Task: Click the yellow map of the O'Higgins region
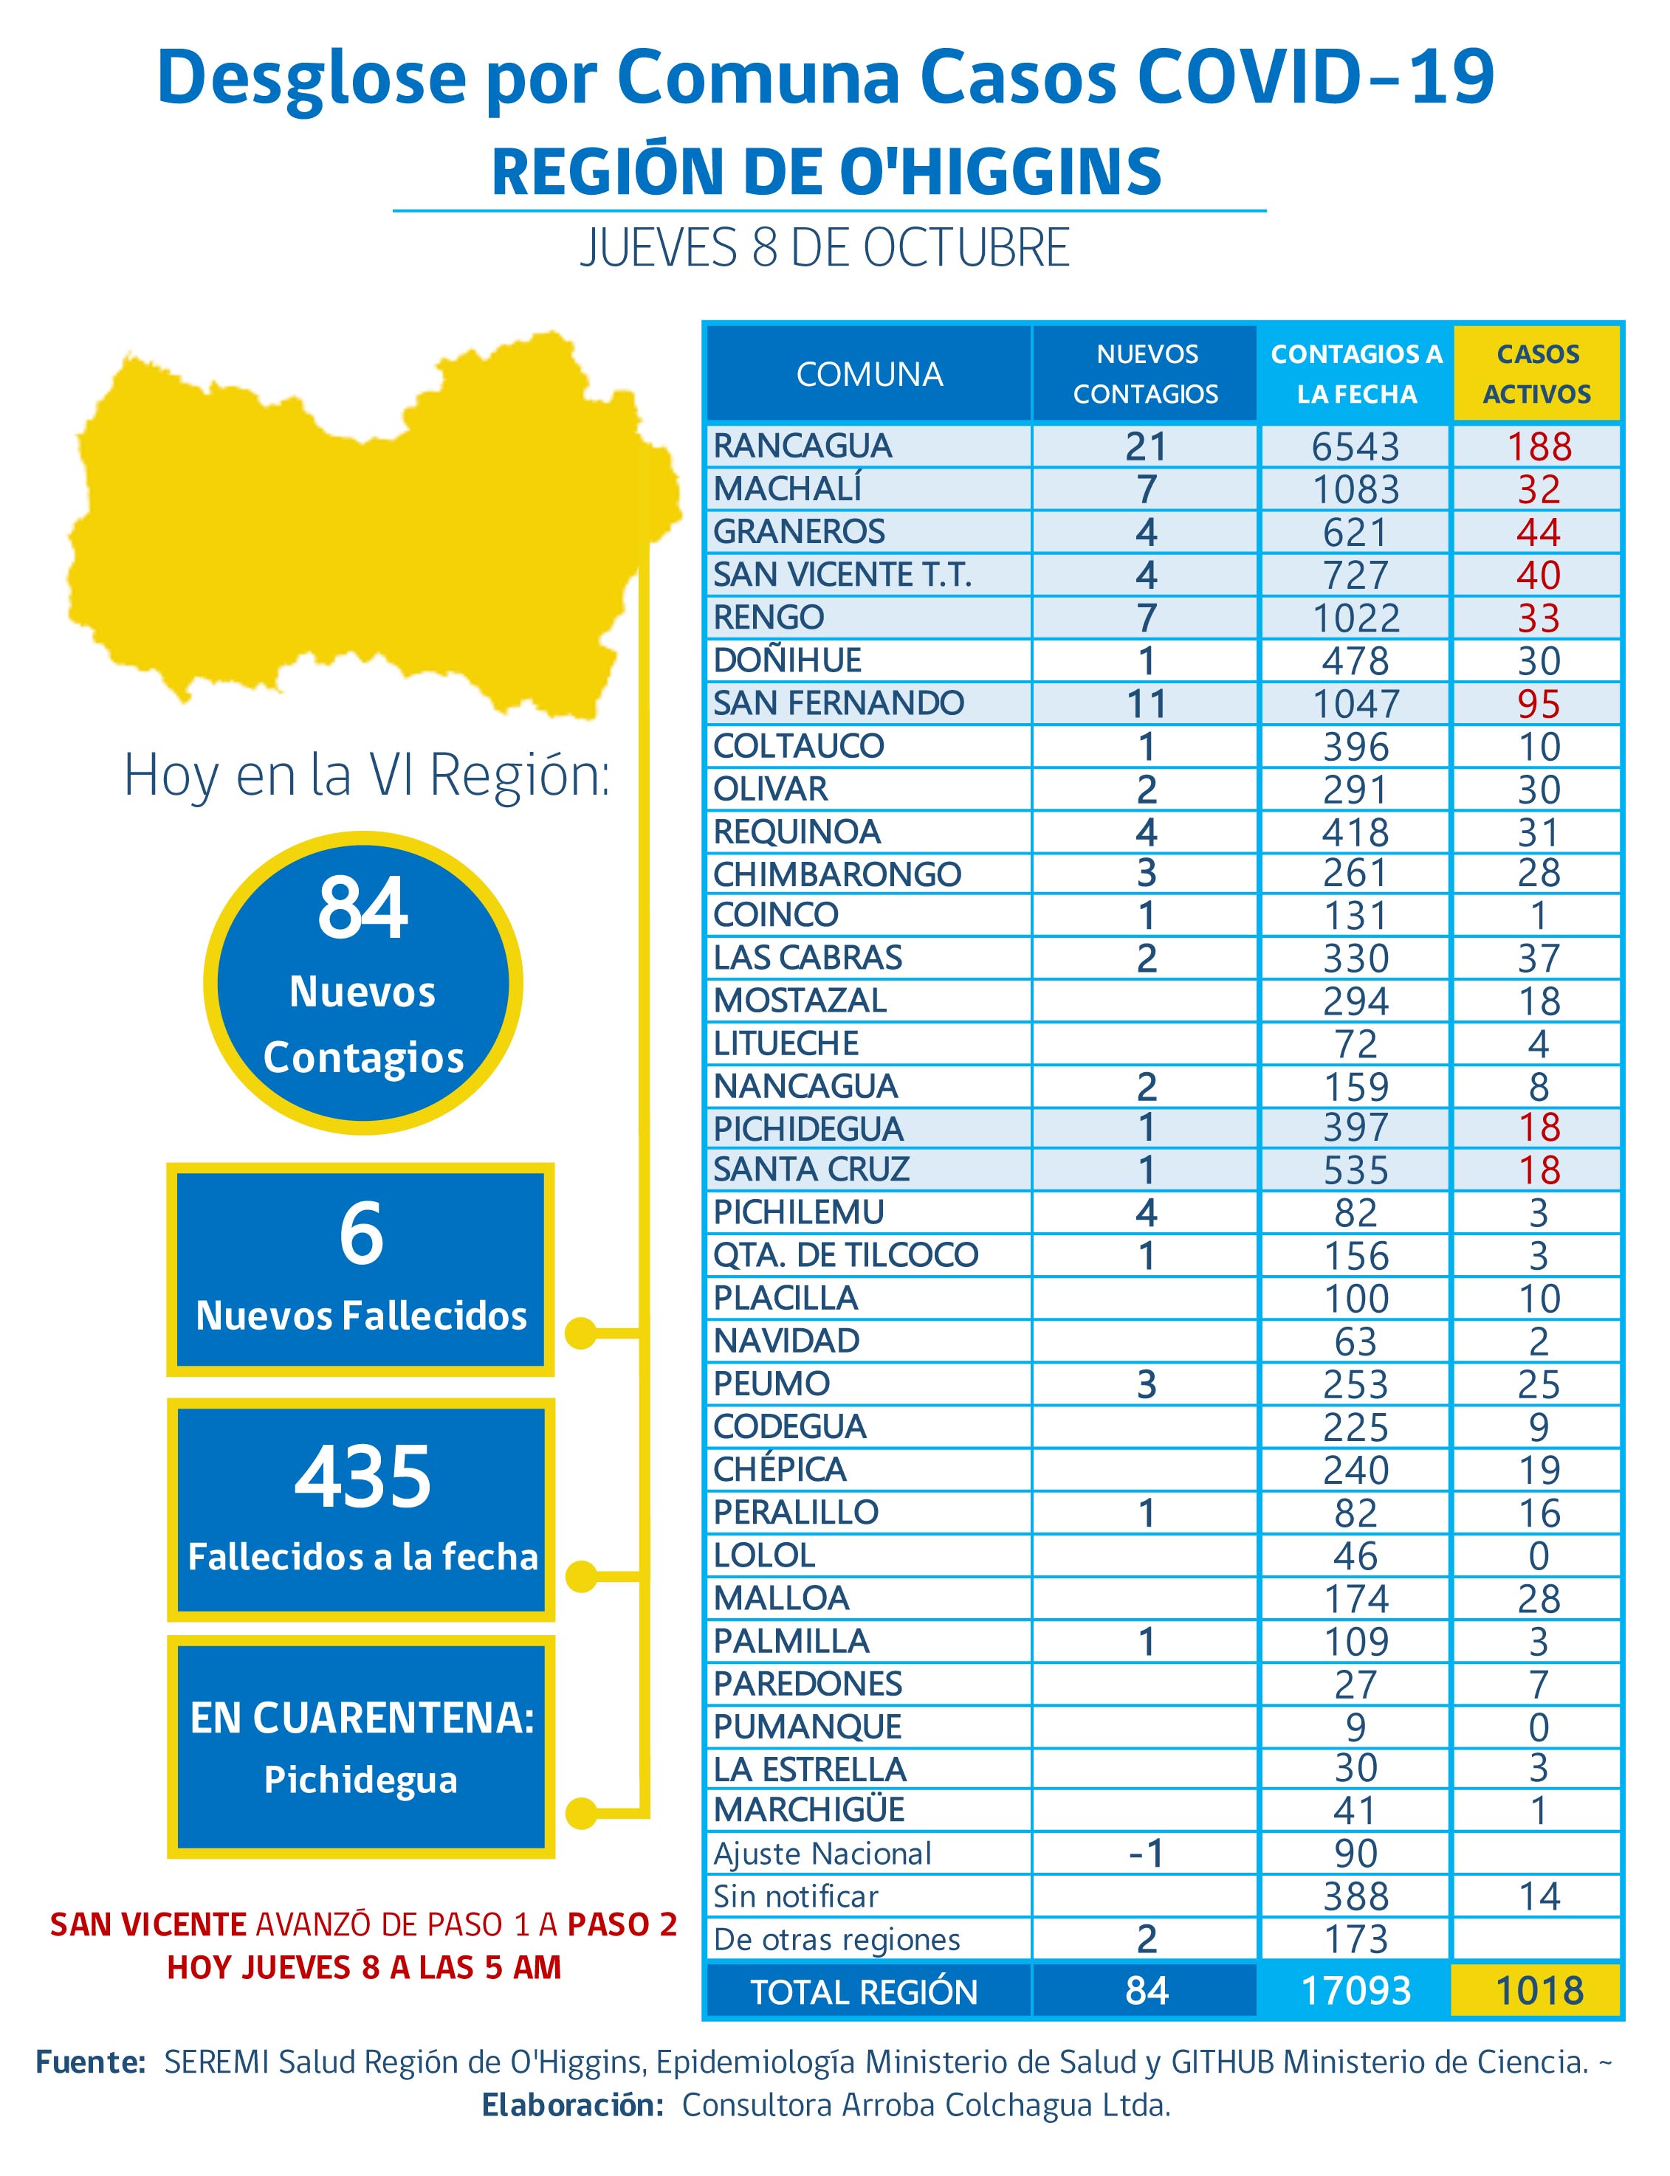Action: [x=368, y=527]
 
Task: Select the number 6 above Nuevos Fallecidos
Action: [x=361, y=1233]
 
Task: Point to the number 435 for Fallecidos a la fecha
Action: [x=362, y=1476]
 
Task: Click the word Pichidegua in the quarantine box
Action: [x=361, y=1780]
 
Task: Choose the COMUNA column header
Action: [x=869, y=375]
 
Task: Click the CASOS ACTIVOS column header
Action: [x=1537, y=375]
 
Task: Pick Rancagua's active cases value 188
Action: [x=1539, y=447]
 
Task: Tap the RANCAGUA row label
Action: [x=803, y=446]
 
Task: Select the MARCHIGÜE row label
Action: [x=809, y=1810]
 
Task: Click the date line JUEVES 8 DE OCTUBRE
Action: [x=825, y=249]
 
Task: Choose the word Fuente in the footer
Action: [x=91, y=2062]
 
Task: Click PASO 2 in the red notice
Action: [x=622, y=1924]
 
